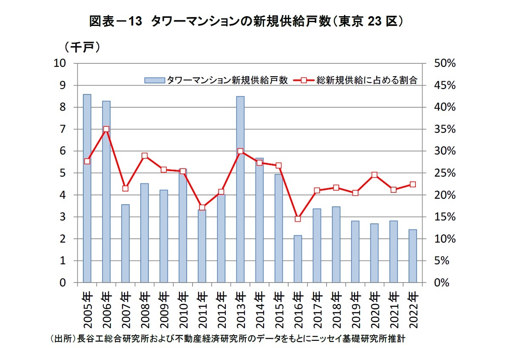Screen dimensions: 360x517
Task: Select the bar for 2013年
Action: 240,189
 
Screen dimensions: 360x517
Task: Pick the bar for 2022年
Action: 412,256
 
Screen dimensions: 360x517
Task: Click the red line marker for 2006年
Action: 106,129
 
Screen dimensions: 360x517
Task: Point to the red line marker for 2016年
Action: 298,219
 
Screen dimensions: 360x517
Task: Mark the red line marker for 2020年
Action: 374,175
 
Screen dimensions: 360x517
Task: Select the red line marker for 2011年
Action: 202,208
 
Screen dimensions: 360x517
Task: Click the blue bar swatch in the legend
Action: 154,80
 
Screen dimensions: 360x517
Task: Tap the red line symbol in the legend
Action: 303,80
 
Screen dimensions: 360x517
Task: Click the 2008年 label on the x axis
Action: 145,309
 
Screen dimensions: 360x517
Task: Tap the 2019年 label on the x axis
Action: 355,309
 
